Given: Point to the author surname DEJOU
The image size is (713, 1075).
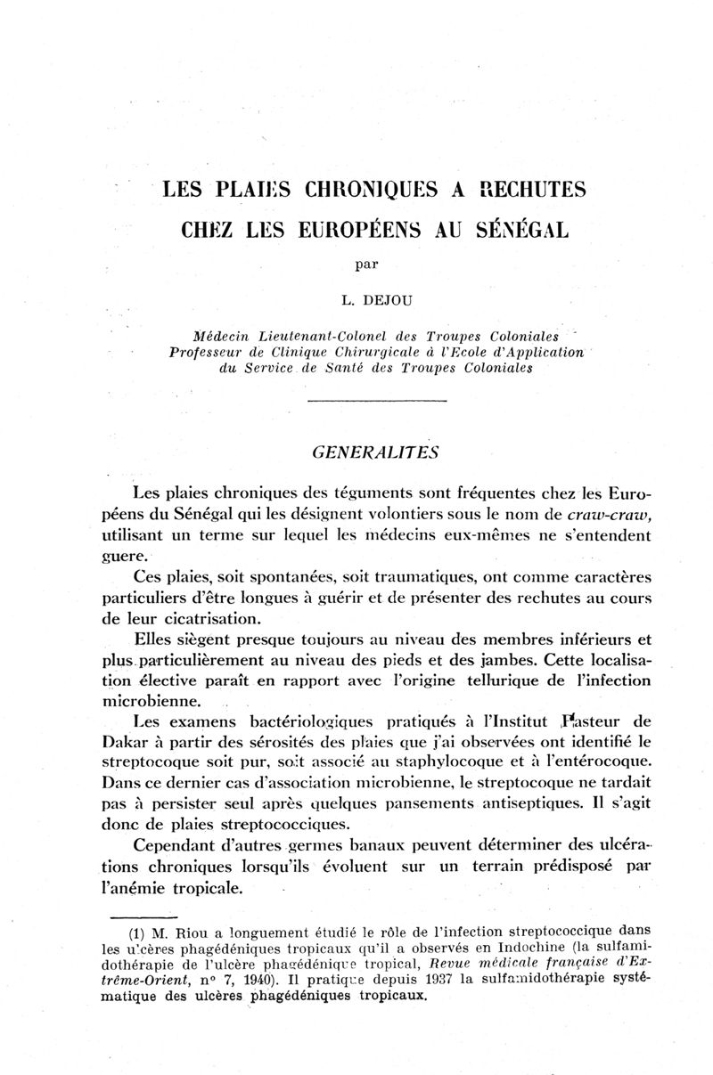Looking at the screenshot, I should [381, 298].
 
